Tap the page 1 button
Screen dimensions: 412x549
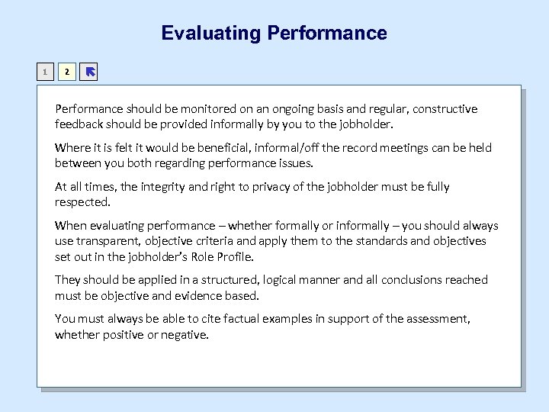[x=46, y=72]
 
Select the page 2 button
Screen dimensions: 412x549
[x=67, y=72]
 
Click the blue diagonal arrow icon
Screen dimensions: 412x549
[x=88, y=72]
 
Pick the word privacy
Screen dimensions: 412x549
[x=250, y=186]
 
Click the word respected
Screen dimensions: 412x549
[x=82, y=202]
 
